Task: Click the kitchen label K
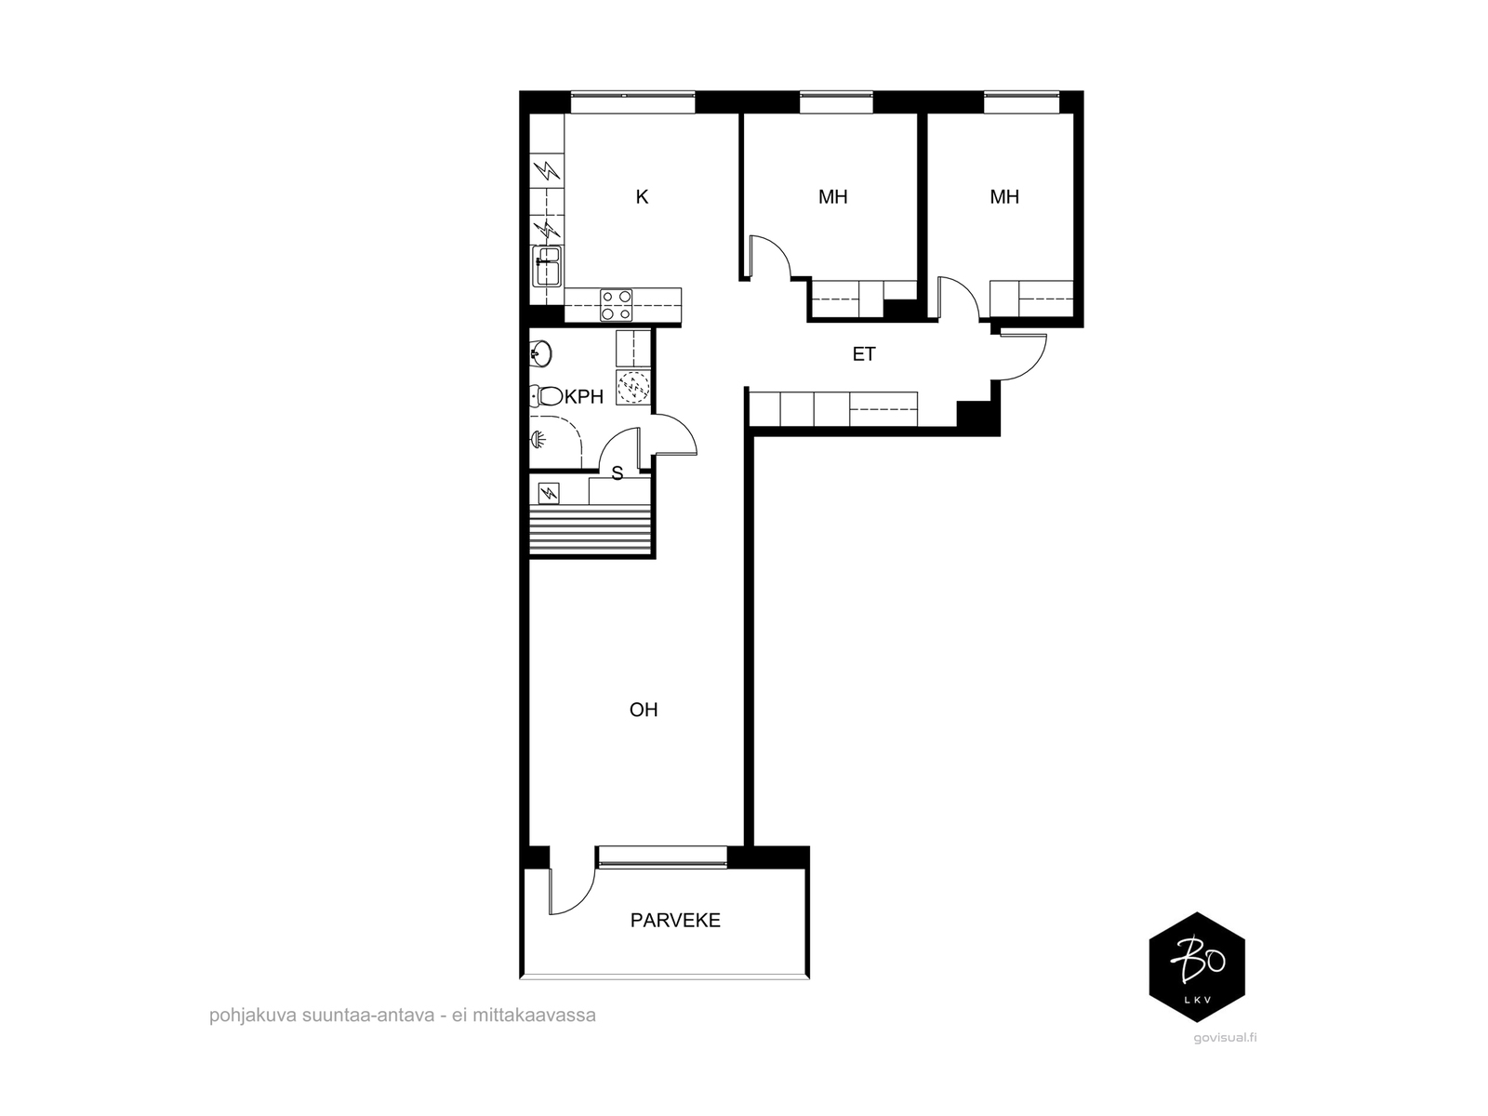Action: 642,197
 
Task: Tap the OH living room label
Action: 644,710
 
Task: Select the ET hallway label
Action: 864,353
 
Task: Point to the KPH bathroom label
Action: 584,397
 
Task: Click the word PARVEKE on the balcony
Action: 675,920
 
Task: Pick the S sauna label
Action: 617,473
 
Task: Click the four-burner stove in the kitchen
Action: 617,305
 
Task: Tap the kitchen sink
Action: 547,266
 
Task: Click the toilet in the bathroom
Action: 547,396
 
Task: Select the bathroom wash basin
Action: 541,353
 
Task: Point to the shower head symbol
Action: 538,441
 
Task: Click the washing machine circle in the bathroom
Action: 633,388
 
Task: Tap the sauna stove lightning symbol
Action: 549,493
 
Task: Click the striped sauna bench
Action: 590,530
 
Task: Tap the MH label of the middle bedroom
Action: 832,197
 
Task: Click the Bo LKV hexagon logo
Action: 1197,967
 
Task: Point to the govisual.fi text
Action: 1225,1037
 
